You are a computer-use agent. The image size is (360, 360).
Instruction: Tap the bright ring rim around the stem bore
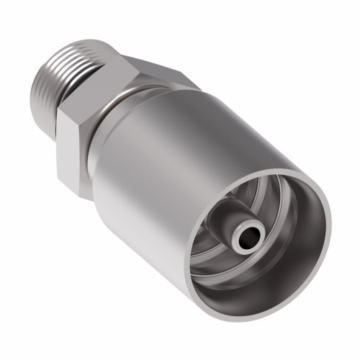258,229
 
